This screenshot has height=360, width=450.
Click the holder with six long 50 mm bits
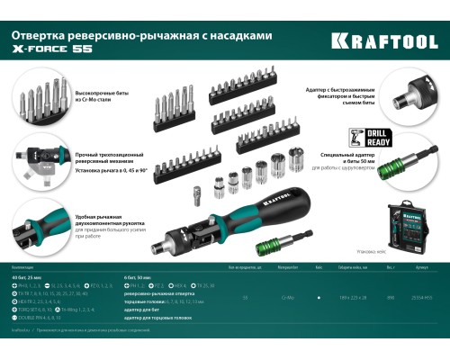172,106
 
